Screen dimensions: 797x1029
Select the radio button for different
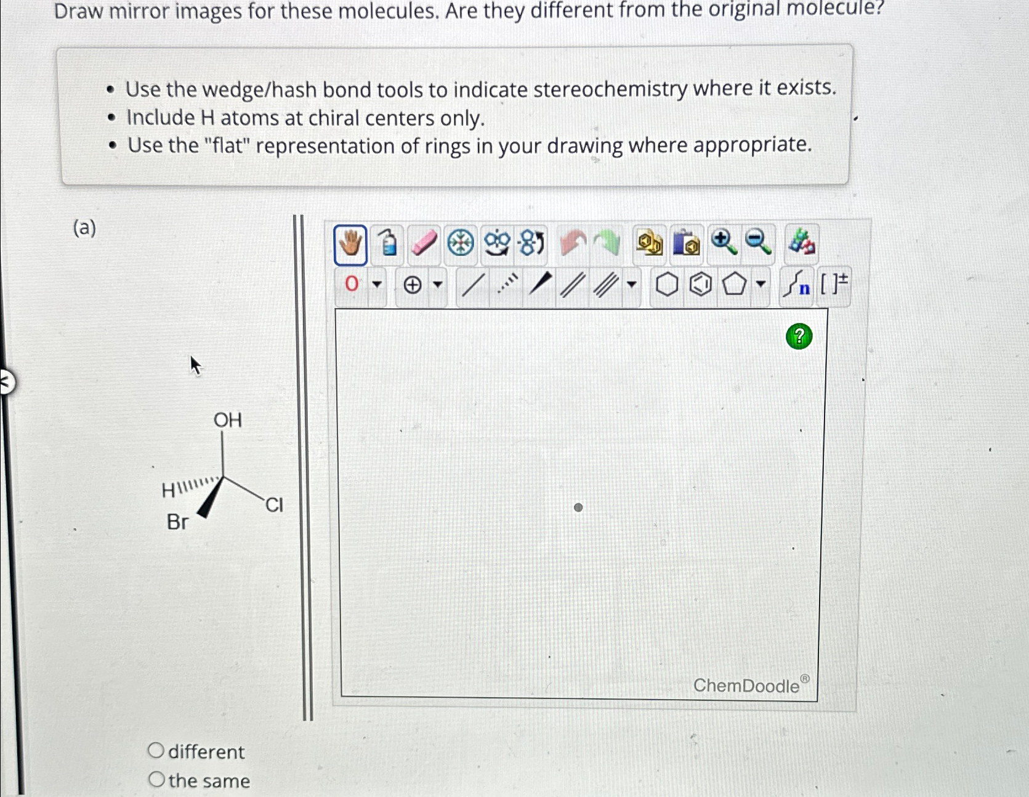(156, 750)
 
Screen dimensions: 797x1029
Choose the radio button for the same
(156, 779)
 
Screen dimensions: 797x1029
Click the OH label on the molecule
(227, 420)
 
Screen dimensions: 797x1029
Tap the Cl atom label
(274, 505)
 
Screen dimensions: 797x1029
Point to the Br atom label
(177, 522)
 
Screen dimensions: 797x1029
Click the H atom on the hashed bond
(167, 491)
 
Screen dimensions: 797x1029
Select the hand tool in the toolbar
(350, 245)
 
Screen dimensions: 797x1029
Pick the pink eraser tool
(423, 242)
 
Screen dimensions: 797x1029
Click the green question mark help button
(799, 337)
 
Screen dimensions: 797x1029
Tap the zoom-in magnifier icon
(723, 242)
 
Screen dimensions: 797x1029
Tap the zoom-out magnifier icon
(758, 242)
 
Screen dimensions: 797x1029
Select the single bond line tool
(472, 285)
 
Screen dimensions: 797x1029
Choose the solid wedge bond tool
(539, 284)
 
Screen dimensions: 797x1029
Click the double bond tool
(572, 285)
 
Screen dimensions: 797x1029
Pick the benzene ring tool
(700, 285)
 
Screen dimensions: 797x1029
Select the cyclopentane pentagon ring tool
(733, 285)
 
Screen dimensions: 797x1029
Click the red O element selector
(352, 284)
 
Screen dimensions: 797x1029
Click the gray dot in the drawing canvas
(578, 507)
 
